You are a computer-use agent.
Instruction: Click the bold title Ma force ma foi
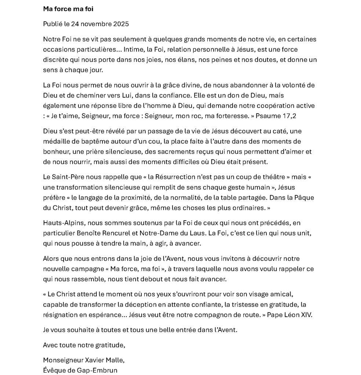coord(68,9)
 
